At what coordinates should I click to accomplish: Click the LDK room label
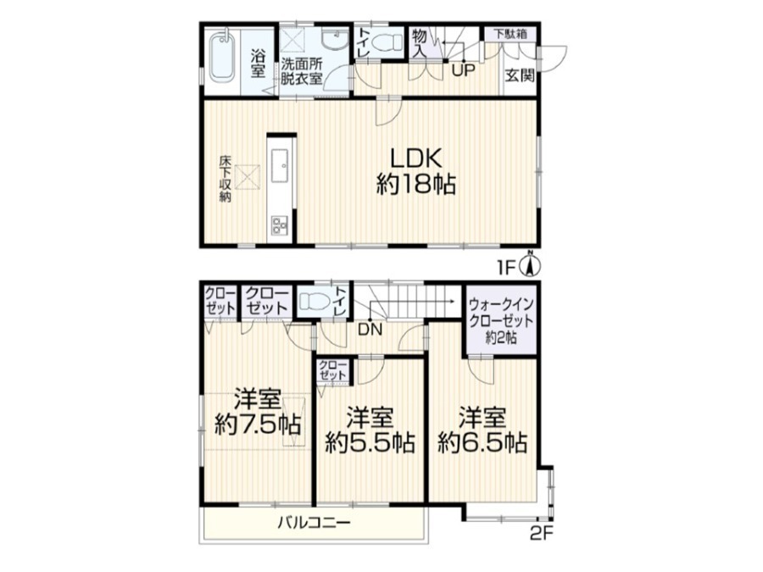[416, 158]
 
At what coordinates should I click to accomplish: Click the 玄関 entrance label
[519, 76]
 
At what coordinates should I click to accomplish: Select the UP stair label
[462, 70]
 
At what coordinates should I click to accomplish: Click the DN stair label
[370, 330]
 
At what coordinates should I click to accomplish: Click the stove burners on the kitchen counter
[280, 225]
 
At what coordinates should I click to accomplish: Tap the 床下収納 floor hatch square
[248, 176]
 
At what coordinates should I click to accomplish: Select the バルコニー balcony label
[314, 524]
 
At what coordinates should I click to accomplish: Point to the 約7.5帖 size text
[258, 425]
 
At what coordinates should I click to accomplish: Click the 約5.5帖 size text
[370, 442]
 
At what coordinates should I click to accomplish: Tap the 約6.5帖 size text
[482, 442]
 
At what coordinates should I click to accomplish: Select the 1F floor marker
[507, 268]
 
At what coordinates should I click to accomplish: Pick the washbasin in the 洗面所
[335, 39]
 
